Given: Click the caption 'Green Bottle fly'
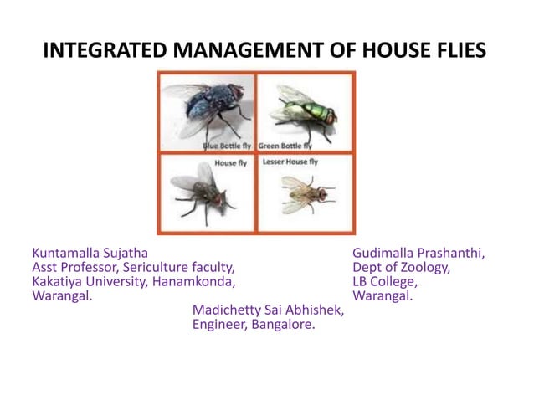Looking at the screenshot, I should pos(286,146).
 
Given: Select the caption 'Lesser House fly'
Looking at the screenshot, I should pos(290,162).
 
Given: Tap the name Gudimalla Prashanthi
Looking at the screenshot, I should pos(418,252).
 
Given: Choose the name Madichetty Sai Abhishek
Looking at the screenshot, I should pos(268,310).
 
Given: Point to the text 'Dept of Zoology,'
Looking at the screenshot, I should pos(402,267).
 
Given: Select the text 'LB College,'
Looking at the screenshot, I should pos(385,281).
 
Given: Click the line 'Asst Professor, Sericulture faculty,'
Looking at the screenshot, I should pos(133,267).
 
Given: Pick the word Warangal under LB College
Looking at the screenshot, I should pos(383,296).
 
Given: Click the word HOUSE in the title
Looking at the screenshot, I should pos(393,51).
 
